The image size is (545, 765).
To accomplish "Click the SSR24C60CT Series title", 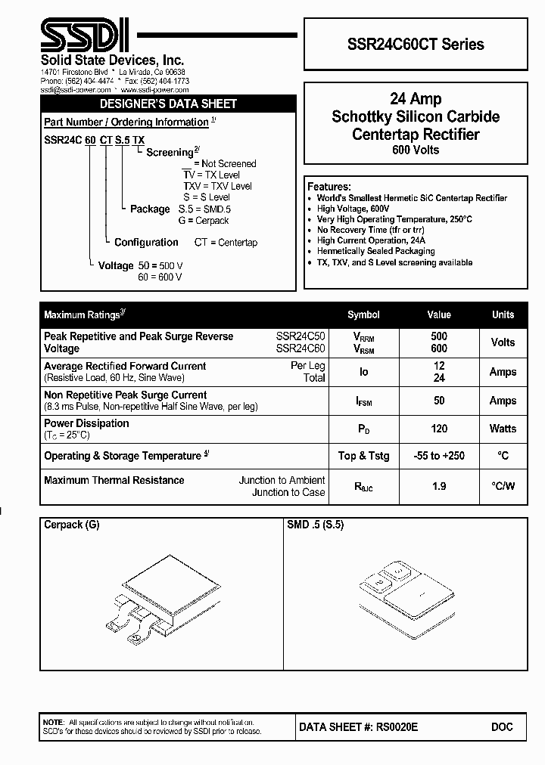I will coord(416,44).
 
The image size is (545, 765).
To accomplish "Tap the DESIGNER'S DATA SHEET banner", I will coord(169,104).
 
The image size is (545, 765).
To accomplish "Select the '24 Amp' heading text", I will coord(416,99).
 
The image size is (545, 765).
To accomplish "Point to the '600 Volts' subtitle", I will coord(416,150).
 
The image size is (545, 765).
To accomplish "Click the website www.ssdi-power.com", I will coord(154,89).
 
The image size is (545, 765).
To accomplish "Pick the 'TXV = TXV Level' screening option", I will coord(217,186).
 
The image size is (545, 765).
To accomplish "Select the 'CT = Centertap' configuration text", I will coord(226,243).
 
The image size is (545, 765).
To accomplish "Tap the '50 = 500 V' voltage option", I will coord(160,266).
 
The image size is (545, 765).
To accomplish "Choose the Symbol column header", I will coord(363,314).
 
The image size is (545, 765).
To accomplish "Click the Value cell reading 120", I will coord(439,429).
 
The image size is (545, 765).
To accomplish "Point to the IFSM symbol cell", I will coord(363,401).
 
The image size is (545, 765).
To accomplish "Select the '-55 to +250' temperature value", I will coord(439,456).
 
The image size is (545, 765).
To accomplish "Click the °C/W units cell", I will coord(503,486).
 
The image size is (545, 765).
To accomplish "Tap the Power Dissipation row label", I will coord(86,423).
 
